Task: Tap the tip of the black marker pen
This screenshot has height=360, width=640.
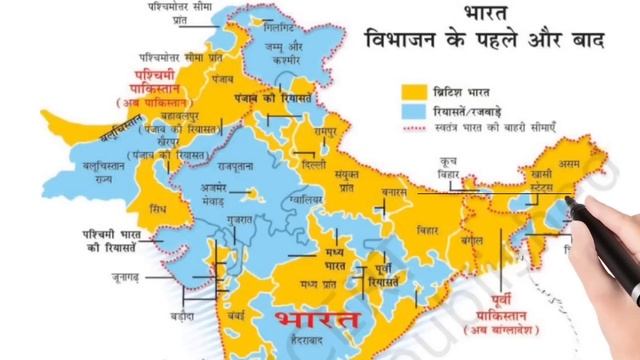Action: [569, 200]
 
